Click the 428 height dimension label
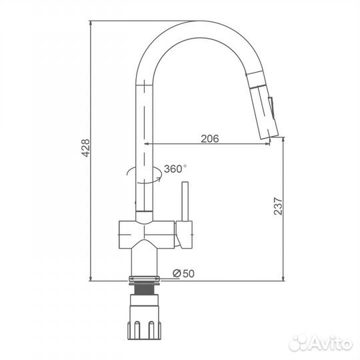tap(85, 147)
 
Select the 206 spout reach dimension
tap(210, 139)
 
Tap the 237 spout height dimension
tap(278, 206)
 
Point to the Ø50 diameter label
tap(183, 273)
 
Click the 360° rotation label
tap(175, 169)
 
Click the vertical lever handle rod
tap(185, 201)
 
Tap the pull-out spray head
tap(263, 105)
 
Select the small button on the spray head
tap(271, 108)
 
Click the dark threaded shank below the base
tap(144, 290)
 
